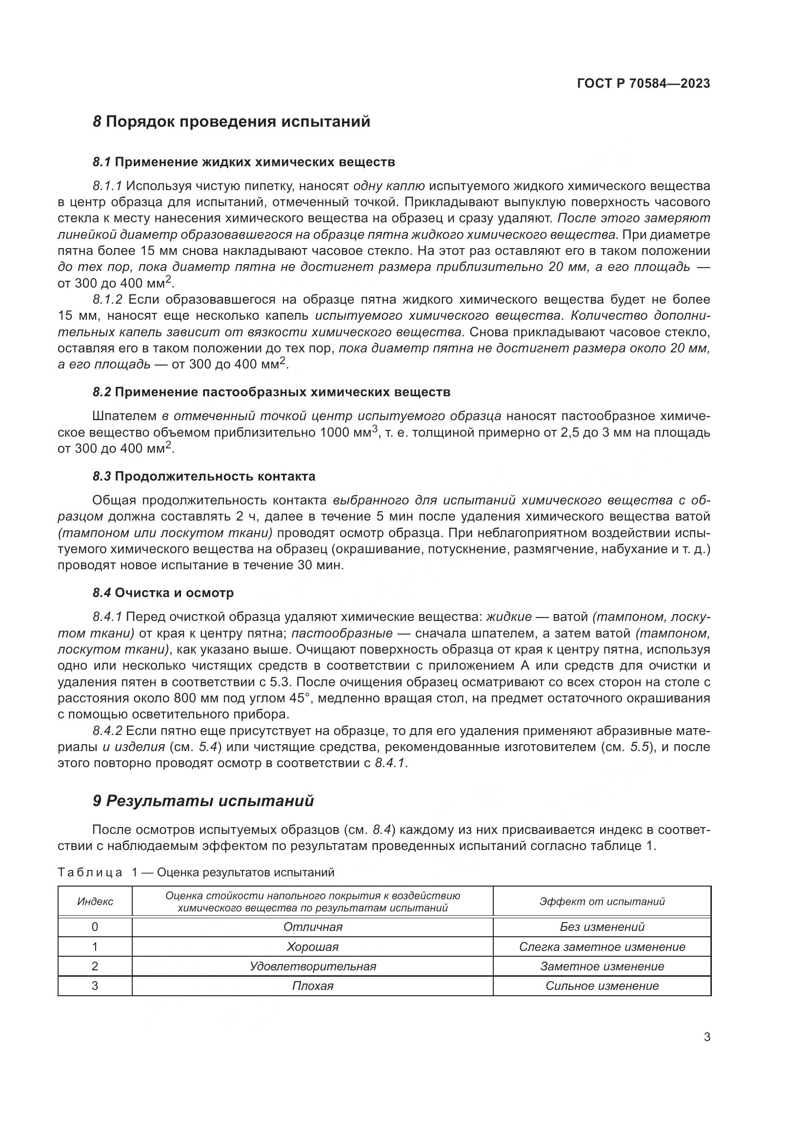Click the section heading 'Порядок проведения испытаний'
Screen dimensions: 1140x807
point(238,122)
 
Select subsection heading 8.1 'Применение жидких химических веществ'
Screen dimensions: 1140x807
point(254,162)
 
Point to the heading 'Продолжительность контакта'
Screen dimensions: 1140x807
point(215,476)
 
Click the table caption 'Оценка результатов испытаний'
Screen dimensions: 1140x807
point(245,872)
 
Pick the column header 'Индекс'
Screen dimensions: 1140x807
point(95,902)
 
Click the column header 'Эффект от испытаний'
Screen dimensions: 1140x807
point(602,902)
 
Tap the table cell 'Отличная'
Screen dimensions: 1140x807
point(313,927)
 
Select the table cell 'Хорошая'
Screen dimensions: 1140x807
point(313,947)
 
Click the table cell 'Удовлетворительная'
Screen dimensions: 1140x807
point(313,966)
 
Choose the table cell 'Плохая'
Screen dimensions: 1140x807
point(313,985)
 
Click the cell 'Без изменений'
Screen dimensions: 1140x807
point(602,927)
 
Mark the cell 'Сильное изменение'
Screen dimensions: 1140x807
point(602,985)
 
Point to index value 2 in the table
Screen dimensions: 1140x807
point(95,966)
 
